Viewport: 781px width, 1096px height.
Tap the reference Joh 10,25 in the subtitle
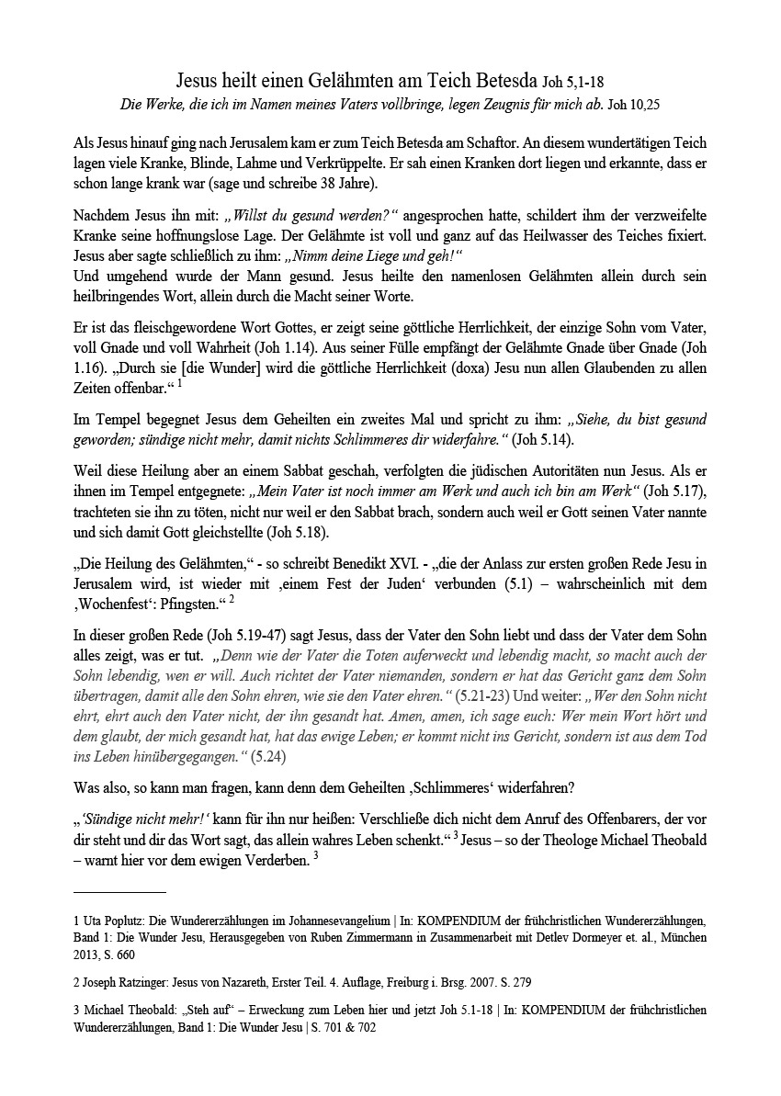tap(634, 106)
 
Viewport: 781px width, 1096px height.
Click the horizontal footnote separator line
tap(119, 891)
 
